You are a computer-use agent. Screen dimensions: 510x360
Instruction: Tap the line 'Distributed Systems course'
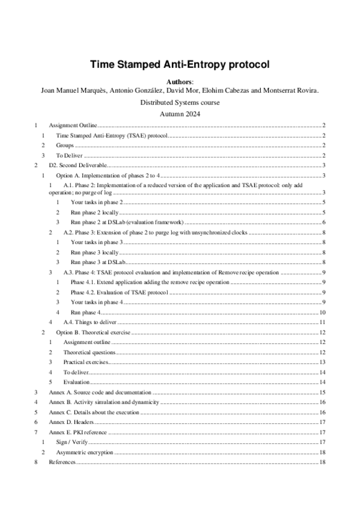point(180,102)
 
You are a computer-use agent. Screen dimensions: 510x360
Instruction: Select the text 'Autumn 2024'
point(180,114)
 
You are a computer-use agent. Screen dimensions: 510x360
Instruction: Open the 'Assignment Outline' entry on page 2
point(73,125)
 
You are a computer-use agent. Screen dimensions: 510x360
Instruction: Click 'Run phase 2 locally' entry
point(94,212)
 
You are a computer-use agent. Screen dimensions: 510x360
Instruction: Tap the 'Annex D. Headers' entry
point(72,422)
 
